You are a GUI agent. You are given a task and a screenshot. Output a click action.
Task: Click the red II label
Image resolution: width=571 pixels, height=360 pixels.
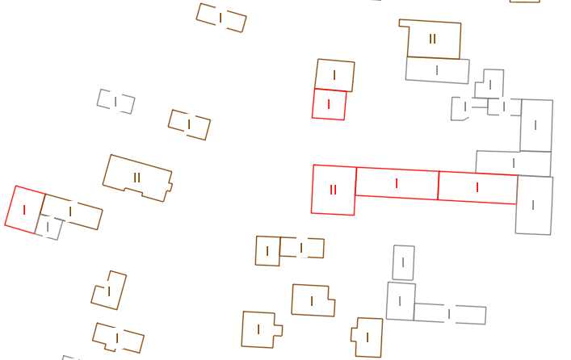[333, 190]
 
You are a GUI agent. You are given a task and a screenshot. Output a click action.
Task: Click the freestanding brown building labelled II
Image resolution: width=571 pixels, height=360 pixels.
[137, 178]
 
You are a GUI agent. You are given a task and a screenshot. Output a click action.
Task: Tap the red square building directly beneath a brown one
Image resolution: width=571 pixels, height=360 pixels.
[329, 104]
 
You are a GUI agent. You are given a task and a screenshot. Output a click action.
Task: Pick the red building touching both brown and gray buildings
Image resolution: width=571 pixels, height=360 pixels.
[25, 210]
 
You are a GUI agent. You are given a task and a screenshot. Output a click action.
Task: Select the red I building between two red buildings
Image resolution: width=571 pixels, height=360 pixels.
[397, 183]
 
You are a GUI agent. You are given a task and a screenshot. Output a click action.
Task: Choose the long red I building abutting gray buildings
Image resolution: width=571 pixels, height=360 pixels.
[477, 187]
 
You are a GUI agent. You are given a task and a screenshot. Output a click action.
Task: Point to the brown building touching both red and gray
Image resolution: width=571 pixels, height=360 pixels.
[71, 211]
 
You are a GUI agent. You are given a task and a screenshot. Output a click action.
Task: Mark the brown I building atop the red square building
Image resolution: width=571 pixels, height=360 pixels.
[334, 75]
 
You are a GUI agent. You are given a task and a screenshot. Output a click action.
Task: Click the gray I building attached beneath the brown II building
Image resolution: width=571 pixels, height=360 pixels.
[438, 70]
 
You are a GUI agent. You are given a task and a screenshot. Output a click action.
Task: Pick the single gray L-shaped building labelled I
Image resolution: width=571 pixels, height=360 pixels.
[490, 84]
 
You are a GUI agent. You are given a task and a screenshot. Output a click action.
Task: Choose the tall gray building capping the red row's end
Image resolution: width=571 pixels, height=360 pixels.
[534, 205]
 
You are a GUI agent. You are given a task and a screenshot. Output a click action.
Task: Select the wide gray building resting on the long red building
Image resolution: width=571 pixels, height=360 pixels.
[514, 163]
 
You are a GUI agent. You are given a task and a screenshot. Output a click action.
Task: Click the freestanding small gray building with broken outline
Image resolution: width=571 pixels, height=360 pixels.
[115, 102]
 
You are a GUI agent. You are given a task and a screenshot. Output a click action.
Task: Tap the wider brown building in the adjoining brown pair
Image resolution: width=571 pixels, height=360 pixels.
[302, 248]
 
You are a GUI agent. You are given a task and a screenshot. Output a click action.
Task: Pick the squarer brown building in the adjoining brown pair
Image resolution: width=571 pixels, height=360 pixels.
[267, 251]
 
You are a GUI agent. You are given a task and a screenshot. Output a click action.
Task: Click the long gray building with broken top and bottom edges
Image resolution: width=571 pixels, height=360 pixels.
[450, 314]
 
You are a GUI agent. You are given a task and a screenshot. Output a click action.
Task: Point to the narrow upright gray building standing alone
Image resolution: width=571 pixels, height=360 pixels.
[403, 262]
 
